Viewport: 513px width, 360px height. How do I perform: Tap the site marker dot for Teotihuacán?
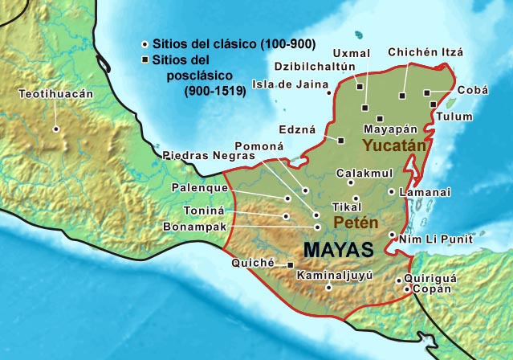(55, 128)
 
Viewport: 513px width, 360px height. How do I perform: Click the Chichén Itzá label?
(425, 52)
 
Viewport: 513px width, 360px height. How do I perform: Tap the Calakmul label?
(364, 173)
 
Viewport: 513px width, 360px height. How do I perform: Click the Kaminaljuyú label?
(335, 275)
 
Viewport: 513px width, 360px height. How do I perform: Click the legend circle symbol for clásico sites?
(145, 43)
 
